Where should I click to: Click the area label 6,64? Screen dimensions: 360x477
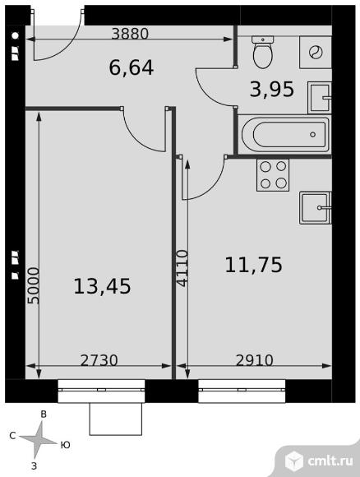[x=132, y=67]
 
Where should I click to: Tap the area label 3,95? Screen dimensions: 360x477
[x=272, y=89]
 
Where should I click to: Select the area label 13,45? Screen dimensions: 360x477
[x=102, y=286]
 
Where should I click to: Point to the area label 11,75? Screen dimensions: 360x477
[x=254, y=265]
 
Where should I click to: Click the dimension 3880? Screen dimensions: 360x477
[x=130, y=34]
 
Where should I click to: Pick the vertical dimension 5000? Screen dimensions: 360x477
[x=34, y=285]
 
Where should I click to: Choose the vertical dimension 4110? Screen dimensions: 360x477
[x=182, y=268]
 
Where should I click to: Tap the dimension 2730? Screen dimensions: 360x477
[x=99, y=360]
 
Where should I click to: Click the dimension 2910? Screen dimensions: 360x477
[x=255, y=360]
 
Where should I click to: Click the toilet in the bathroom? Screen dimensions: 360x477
[x=263, y=52]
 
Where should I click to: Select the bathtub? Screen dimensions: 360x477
[x=285, y=134]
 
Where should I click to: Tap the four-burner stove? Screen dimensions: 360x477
[x=273, y=175]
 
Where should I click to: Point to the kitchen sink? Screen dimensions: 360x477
[x=316, y=208]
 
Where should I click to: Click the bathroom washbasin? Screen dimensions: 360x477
[x=320, y=97]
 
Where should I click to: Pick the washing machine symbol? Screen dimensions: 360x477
[x=316, y=53]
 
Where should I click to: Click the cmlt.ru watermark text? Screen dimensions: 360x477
[x=330, y=461]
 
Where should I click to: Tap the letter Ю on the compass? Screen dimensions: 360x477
[x=66, y=445]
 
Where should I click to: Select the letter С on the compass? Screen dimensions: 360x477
[x=12, y=436]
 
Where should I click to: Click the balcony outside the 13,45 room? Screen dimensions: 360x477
[x=116, y=419]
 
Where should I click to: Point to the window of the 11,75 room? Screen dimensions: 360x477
[x=242, y=391]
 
